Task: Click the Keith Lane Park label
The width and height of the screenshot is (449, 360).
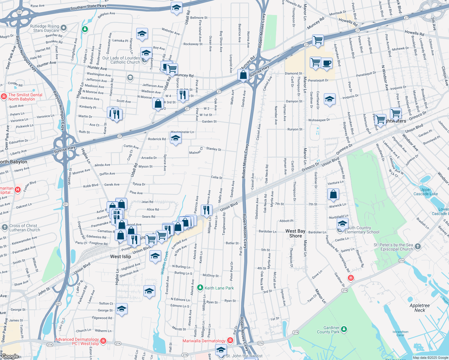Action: (219, 288)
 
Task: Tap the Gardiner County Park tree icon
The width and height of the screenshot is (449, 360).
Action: (344, 329)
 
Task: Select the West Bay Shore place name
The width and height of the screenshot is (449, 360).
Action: (295, 233)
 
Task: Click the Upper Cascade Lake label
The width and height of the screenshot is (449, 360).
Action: (426, 192)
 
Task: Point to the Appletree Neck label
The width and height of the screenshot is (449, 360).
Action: (420, 308)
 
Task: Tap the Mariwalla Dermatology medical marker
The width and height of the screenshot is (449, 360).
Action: (230, 340)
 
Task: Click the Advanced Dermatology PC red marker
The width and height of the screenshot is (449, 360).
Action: (103, 341)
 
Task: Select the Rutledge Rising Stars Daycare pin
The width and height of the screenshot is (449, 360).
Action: (63, 28)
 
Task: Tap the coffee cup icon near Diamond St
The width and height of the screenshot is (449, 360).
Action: (327, 63)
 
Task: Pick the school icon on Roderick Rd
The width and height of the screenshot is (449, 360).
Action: (176, 138)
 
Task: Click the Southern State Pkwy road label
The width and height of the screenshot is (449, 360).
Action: (88, 7)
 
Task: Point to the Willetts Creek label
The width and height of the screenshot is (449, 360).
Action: (165, 263)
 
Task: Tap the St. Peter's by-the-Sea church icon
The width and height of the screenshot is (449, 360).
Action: (418, 247)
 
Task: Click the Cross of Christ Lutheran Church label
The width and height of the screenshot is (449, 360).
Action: (23, 228)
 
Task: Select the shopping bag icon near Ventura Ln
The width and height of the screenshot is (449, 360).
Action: (333, 194)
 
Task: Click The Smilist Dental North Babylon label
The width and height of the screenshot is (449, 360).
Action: (25, 97)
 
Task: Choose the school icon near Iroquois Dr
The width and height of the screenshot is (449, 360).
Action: (329, 99)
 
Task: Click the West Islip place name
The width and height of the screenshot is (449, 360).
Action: (120, 256)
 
